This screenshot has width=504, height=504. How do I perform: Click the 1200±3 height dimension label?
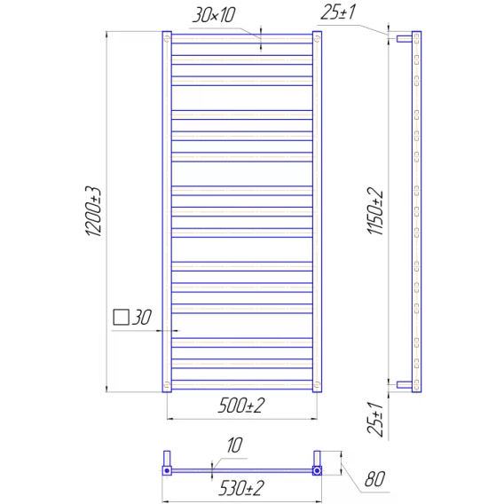[93, 211]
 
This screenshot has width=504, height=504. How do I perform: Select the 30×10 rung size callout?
[214, 15]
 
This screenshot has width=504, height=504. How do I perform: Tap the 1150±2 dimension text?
[375, 211]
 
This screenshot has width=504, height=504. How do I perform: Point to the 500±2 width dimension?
[241, 406]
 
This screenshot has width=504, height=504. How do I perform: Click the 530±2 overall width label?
[241, 488]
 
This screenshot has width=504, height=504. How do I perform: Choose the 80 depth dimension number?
[374, 479]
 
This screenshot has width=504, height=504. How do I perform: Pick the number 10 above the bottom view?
[234, 445]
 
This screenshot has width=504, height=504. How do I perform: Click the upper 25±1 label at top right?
[338, 12]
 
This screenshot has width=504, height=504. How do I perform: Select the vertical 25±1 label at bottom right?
[375, 419]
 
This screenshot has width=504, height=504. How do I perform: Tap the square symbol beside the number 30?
[122, 318]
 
